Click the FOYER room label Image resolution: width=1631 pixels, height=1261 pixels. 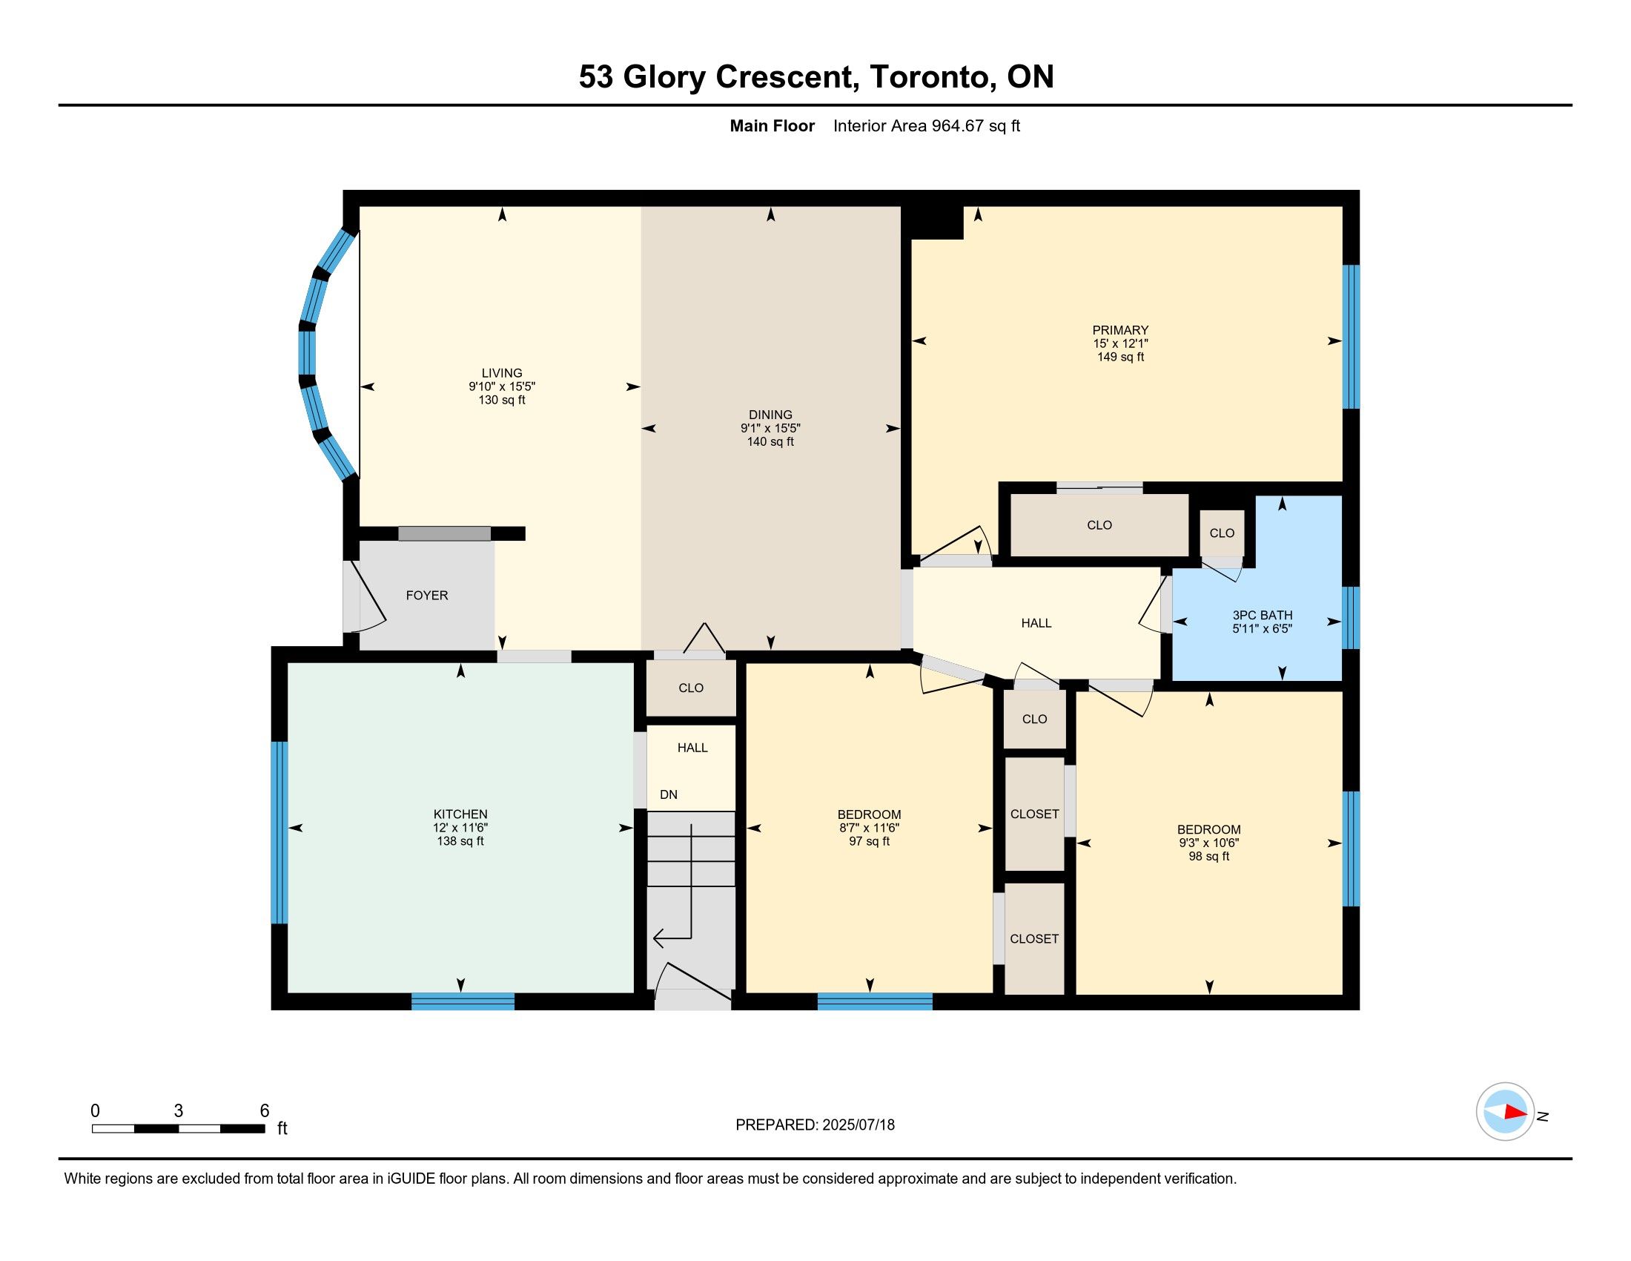[x=426, y=596]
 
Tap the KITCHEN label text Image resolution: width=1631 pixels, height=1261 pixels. [x=460, y=814]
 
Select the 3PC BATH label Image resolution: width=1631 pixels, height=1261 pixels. [x=1262, y=615]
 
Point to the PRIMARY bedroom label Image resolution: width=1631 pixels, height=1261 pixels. [x=1120, y=330]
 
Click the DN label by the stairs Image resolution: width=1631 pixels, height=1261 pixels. [x=669, y=795]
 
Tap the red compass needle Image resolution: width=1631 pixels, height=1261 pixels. [x=1515, y=1112]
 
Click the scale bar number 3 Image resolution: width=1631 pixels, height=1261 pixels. [x=179, y=1111]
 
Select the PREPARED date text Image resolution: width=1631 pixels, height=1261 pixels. [x=815, y=1125]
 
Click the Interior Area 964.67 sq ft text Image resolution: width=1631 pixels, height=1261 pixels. [x=926, y=125]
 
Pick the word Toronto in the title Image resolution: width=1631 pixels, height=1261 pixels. [x=929, y=76]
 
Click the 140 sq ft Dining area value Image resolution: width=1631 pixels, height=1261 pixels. [x=771, y=441]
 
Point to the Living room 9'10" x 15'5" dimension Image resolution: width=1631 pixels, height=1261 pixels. [x=502, y=386]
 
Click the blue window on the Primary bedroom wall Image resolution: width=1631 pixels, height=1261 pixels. [x=1351, y=337]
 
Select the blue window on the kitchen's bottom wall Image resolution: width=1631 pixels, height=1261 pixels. [x=463, y=1002]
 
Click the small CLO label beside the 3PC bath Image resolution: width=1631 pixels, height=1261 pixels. [x=1222, y=533]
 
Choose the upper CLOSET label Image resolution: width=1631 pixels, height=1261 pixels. [x=1034, y=814]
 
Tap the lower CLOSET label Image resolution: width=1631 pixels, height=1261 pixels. [x=1034, y=939]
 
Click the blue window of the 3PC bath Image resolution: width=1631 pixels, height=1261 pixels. [x=1351, y=618]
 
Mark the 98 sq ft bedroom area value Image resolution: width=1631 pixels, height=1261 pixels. [x=1209, y=856]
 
